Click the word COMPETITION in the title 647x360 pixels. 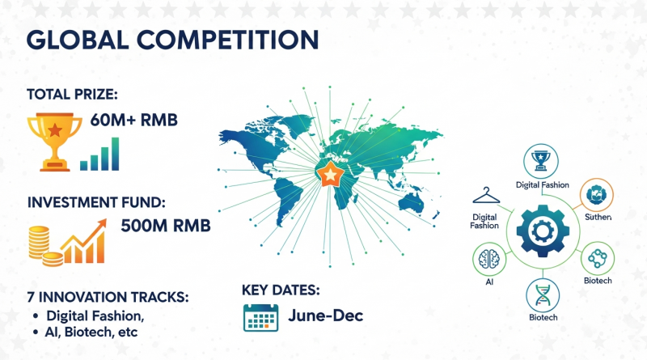pos(227,40)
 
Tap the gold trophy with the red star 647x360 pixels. pos(54,142)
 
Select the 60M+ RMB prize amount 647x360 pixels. pos(133,121)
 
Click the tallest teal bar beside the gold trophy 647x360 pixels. pos(115,154)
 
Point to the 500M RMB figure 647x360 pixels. pos(166,226)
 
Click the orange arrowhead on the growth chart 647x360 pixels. pos(100,224)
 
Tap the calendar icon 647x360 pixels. pos(260,318)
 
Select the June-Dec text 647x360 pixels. pos(326,316)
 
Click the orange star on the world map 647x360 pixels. pos(330,174)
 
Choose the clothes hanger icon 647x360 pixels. pos(486,196)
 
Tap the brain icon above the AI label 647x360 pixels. pos(489,259)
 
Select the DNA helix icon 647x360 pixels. pos(543,295)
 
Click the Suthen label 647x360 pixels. pos(598,217)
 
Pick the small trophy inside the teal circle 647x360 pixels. pos(540,161)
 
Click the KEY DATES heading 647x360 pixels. pos(281,290)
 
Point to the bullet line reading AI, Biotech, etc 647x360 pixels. pos(91,332)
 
